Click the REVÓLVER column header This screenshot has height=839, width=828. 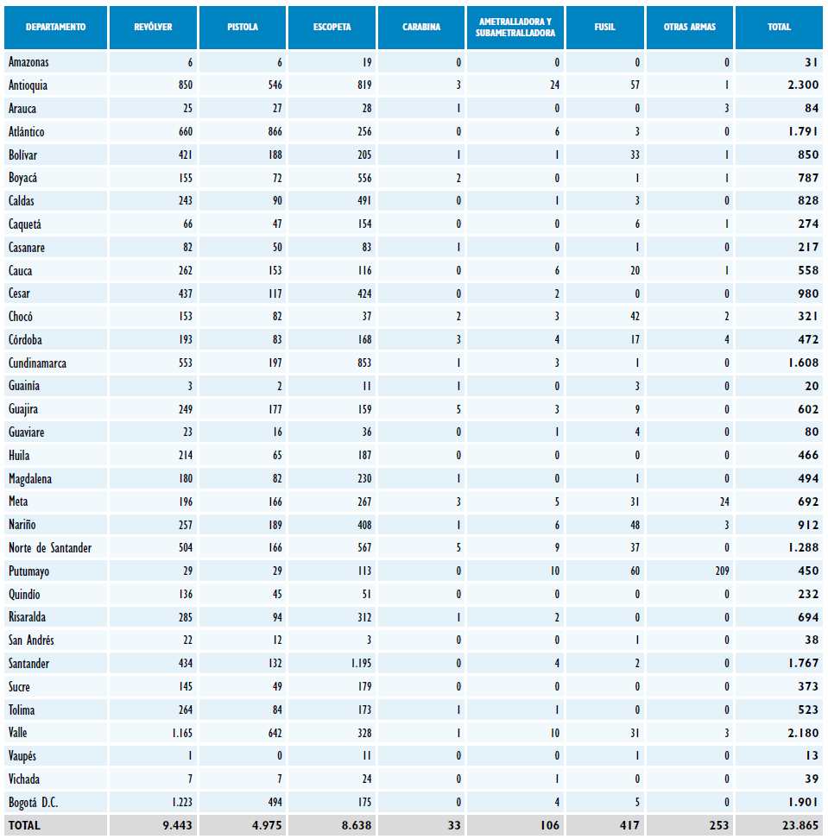click(153, 27)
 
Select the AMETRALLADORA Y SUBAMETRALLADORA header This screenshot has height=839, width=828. click(515, 28)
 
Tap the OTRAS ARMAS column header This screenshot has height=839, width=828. click(689, 27)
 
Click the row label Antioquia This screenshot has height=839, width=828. click(28, 85)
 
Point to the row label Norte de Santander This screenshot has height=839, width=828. click(50, 548)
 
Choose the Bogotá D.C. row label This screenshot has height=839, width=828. click(33, 803)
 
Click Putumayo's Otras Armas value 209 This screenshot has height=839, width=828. click(722, 571)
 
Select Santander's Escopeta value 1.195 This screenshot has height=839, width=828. click(361, 664)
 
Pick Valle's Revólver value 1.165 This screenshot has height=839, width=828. click(182, 733)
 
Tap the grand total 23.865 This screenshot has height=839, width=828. click(800, 826)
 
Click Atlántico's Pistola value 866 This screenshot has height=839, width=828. click(275, 131)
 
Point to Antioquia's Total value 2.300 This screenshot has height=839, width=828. click(803, 85)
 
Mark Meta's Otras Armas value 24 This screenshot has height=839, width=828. click(724, 502)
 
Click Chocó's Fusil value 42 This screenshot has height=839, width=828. click(635, 316)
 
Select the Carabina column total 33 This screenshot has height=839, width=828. click(454, 826)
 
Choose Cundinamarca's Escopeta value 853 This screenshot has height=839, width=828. click(364, 363)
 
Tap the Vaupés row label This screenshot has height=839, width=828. click(22, 756)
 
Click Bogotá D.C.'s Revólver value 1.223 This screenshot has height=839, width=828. click(182, 803)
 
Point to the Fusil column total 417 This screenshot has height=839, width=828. click(630, 826)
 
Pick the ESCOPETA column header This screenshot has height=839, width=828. click(332, 27)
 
